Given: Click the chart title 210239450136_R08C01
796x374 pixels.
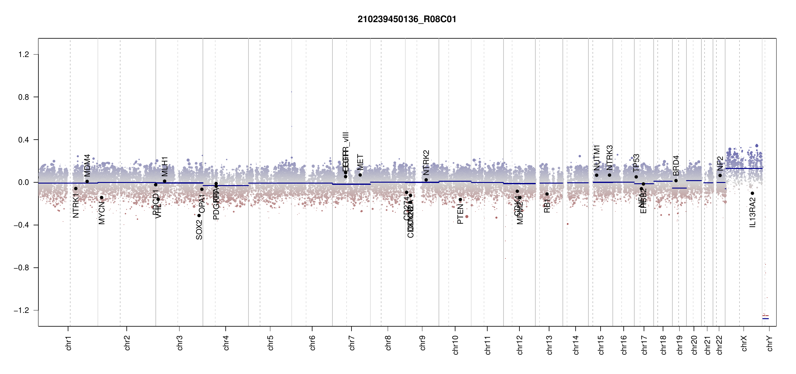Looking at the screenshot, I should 407,19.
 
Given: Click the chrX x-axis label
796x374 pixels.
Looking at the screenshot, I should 744,343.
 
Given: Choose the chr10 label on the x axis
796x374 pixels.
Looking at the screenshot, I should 455,345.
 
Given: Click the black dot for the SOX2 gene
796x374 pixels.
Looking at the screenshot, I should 199,216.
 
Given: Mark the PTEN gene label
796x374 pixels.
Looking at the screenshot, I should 460,214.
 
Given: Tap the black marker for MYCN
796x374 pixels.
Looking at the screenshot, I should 101,198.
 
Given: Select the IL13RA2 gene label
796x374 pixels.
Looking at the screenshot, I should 753,214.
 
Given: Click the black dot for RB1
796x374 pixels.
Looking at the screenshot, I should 547,194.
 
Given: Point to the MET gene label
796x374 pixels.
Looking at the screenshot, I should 360,162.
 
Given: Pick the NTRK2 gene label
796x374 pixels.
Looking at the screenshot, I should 426,162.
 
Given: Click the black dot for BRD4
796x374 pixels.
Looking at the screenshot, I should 676,181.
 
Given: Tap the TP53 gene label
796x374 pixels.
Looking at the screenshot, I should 636,163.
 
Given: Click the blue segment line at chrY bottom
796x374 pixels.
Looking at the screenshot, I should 765,319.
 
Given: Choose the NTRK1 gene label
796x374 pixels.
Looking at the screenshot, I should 76,205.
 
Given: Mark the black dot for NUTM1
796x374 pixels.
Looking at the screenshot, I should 597,175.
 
